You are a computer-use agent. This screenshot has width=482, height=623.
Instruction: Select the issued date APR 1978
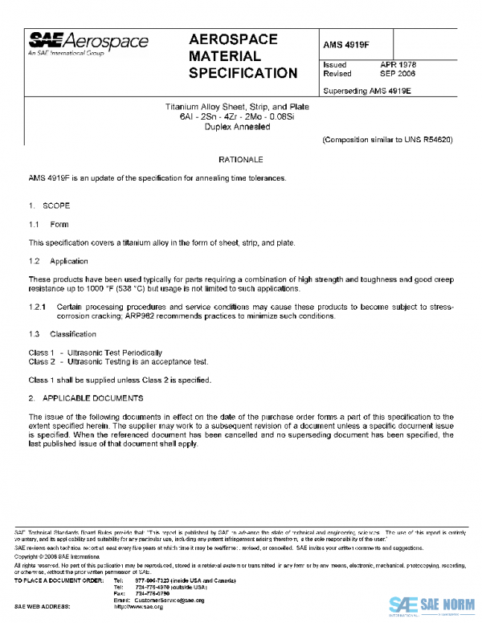click(398, 64)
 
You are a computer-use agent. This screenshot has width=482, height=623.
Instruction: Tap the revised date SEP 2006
click(398, 73)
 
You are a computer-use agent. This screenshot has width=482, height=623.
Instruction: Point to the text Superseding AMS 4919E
click(366, 90)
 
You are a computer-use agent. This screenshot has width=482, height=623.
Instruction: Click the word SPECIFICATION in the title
click(243, 74)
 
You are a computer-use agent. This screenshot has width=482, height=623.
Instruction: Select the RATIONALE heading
click(241, 161)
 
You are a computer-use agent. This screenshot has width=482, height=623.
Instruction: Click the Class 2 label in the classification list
click(41, 362)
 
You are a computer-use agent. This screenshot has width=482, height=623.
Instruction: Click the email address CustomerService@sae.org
click(165, 600)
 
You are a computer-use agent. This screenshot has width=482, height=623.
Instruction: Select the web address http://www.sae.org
click(139, 607)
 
